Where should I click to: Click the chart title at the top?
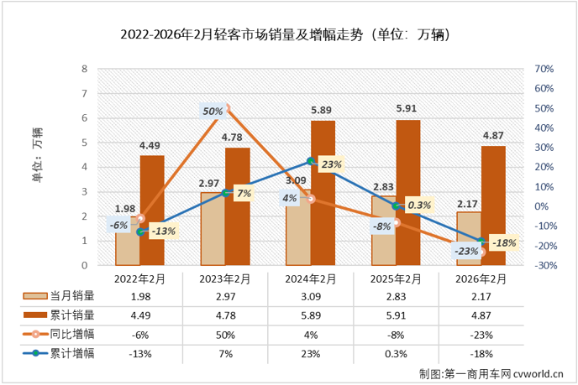coord(287,35)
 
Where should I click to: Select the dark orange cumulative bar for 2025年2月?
coord(407,193)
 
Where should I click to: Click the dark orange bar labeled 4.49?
coord(152,210)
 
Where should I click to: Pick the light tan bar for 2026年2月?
coord(468,238)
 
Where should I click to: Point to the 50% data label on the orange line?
coord(213,111)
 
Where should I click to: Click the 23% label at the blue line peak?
coord(331,165)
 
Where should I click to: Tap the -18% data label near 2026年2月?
coord(504,242)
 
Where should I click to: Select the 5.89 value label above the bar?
coord(323,110)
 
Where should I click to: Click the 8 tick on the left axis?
coord(84,69)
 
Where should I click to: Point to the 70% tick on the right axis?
coord(544,69)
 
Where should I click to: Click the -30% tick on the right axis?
coord(544,266)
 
